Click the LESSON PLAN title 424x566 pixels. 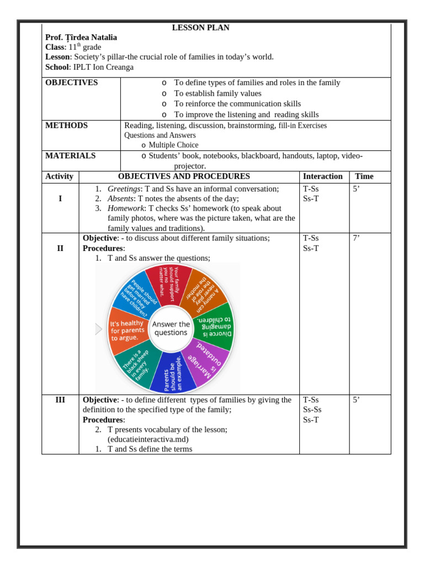[x=200, y=28]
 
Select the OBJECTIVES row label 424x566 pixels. [x=71, y=83]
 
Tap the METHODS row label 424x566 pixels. [x=66, y=125]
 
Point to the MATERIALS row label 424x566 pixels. [x=70, y=156]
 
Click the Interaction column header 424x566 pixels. [x=322, y=176]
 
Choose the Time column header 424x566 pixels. [x=364, y=176]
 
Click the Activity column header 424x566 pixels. [x=59, y=176]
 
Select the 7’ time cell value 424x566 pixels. [x=357, y=238]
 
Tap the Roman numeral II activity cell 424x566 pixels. [x=60, y=248]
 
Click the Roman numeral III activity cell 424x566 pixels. [x=60, y=400]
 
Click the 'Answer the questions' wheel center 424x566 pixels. [x=171, y=328]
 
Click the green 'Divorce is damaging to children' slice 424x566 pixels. [x=213, y=326]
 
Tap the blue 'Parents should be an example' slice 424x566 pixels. [x=173, y=373]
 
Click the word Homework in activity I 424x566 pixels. [x=125, y=208]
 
